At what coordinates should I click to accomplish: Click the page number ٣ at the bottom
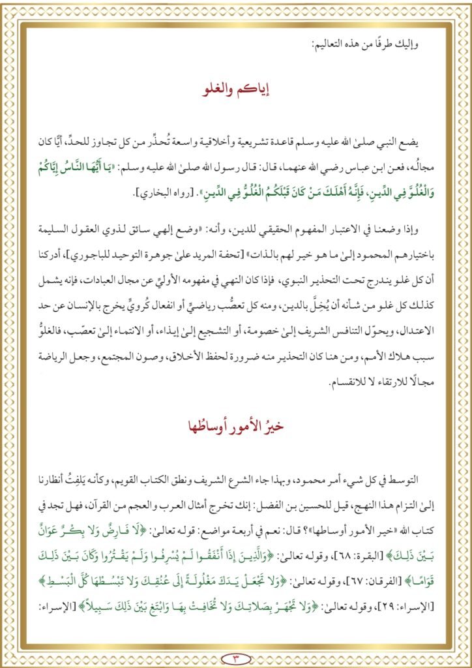tap(237, 656)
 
